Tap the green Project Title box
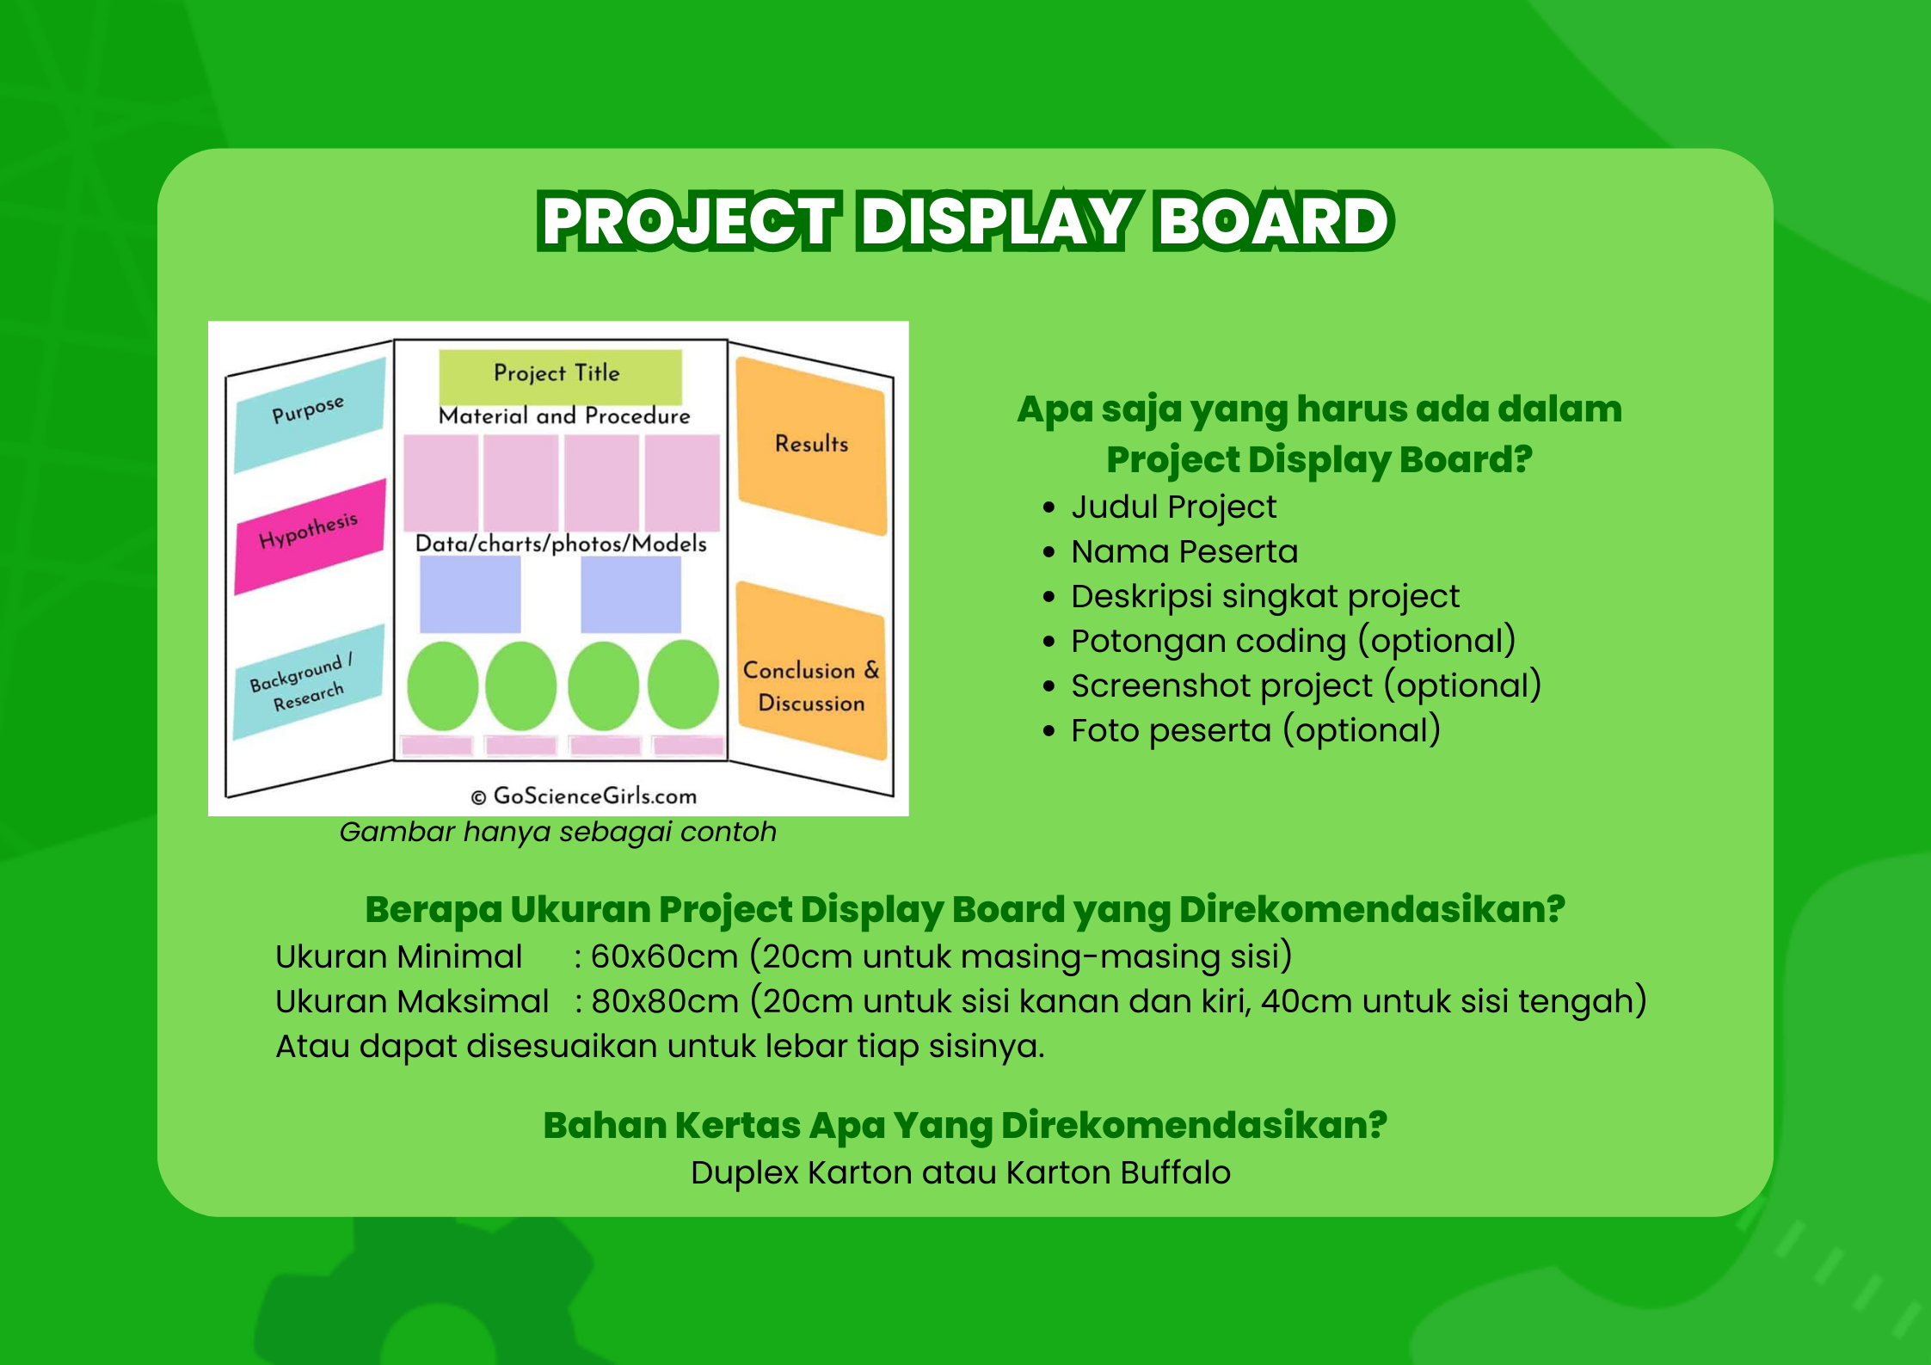[560, 376]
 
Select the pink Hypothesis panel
[310, 536]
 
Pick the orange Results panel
[812, 446]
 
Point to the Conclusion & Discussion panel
[812, 671]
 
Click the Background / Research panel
[308, 681]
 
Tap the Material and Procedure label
[564, 416]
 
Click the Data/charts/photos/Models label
[561, 544]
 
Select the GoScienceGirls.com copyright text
[584, 796]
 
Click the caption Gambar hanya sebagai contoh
[558, 833]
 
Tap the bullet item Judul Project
[1173, 507]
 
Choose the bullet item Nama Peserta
[1184, 552]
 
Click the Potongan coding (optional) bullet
[1294, 642]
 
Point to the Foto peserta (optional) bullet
[1256, 731]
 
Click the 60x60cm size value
[664, 957]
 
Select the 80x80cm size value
[665, 1002]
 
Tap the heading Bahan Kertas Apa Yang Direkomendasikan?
[965, 1126]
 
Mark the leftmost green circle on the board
[442, 686]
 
